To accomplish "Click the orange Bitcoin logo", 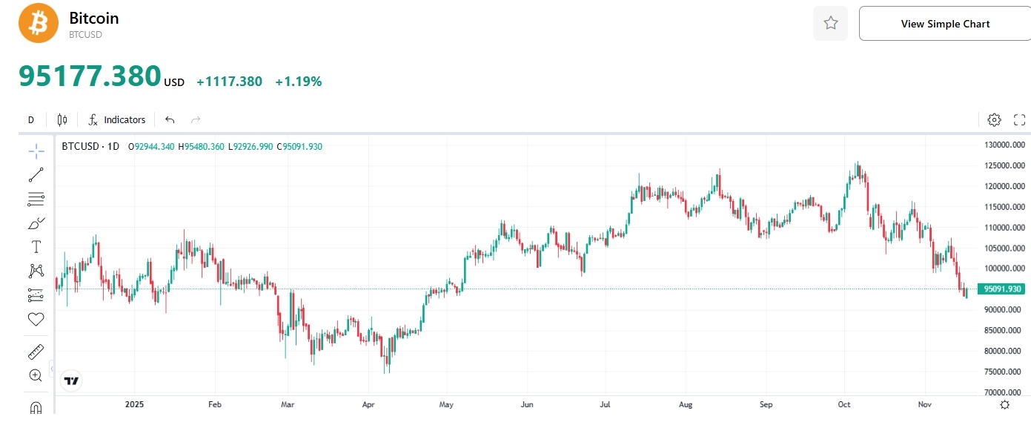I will pos(39,23).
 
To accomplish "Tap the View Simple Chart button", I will pos(945,24).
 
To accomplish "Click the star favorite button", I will pos(830,24).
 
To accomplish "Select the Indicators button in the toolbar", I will pos(117,119).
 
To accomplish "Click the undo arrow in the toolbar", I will pos(170,119).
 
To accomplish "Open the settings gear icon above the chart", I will pos(994,119).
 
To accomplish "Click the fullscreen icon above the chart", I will pos(1019,119).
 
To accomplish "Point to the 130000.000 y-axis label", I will pos(1004,145).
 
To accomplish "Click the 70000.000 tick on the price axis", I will pos(1004,392).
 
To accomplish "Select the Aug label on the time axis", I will pos(686,405).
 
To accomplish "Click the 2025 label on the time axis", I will pos(134,405).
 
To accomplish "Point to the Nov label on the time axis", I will pos(924,405).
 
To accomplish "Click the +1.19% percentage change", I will pos(298,82).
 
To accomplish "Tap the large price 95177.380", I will pos(90,76).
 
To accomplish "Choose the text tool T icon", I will pos(36,246).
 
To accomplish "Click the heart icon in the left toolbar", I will pos(36,319).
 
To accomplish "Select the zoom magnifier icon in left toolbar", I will pos(36,375).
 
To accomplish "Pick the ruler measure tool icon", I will pos(36,351).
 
